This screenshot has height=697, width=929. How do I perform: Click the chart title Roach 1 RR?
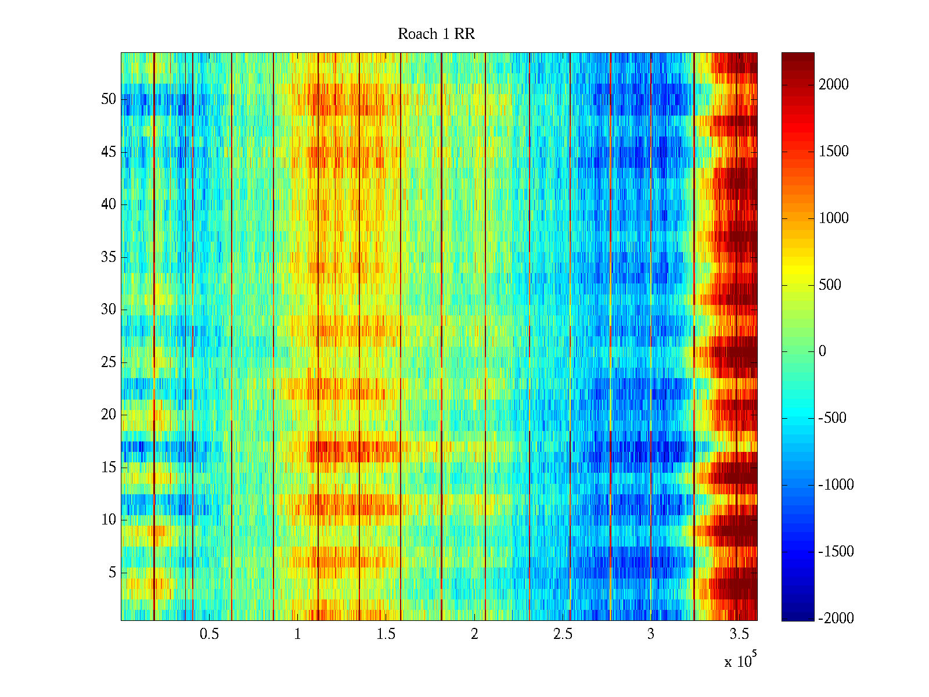(436, 34)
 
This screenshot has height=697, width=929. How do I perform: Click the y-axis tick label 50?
(109, 99)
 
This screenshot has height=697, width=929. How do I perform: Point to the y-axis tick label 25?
(109, 362)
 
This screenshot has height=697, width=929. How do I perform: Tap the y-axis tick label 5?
(112, 573)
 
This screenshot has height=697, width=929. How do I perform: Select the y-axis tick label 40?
(109, 204)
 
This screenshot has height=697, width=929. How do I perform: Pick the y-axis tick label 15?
(109, 468)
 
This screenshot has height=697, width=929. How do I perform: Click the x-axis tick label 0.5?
(209, 634)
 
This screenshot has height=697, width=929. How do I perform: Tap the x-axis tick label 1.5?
(386, 634)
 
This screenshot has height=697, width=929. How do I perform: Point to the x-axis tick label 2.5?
(562, 634)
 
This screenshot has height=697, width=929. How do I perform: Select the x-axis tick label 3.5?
(739, 634)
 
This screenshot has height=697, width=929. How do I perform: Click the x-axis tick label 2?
(474, 634)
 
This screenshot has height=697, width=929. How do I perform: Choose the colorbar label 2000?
(834, 85)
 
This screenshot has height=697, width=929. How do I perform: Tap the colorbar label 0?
(822, 351)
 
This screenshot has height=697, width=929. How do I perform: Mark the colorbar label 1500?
(834, 152)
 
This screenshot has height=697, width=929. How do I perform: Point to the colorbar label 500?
(830, 285)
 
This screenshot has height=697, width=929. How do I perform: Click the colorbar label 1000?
(834, 218)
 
